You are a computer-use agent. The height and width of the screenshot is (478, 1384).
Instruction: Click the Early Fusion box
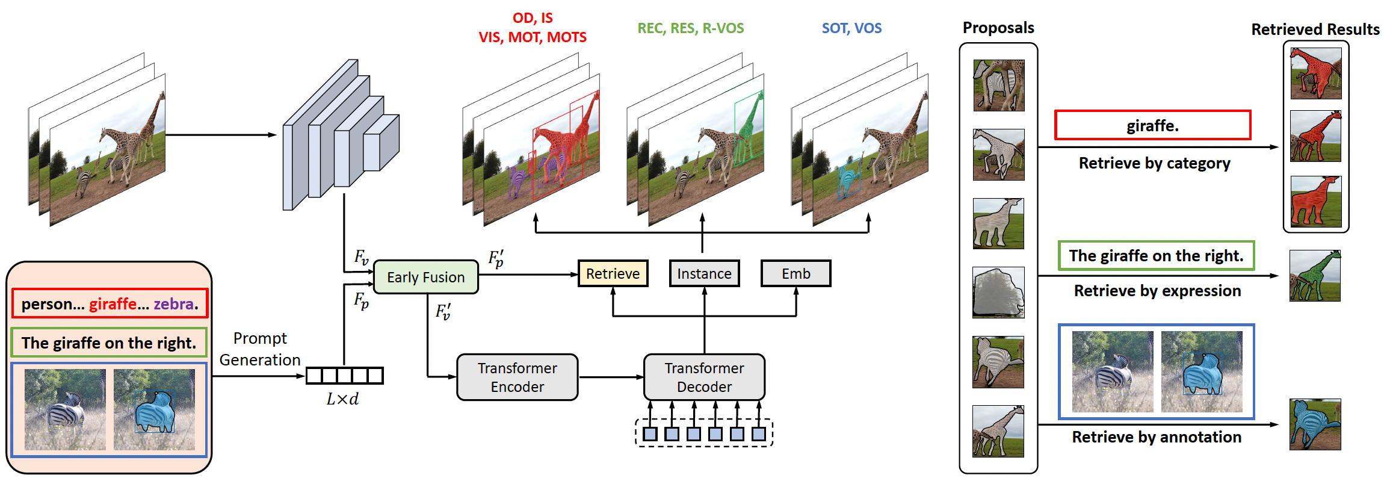[x=426, y=277]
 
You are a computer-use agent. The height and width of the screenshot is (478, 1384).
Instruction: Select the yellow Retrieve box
[x=613, y=274]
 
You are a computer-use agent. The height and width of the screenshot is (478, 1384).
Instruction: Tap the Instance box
[x=704, y=274]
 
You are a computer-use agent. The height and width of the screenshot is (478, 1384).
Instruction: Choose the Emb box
[x=796, y=274]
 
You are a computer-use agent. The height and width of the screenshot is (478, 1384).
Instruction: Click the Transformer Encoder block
[x=517, y=377]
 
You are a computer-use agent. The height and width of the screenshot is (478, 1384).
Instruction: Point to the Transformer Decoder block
[x=705, y=377]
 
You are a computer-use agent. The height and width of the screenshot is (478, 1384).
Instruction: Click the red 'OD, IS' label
[x=533, y=18]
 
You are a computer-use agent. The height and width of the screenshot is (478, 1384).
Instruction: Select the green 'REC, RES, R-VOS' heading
[x=691, y=28]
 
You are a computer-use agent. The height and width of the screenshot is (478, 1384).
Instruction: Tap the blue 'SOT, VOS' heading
[x=852, y=28]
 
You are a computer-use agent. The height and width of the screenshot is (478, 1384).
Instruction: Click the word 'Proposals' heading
[x=998, y=28]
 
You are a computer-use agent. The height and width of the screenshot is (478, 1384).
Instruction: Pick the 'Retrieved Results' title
[x=1315, y=29]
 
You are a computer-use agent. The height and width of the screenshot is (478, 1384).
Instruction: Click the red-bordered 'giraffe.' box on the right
[x=1153, y=125]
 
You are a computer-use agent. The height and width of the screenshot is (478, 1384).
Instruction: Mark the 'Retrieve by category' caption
[x=1154, y=163]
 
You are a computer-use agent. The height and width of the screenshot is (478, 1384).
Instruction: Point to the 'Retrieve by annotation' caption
[x=1157, y=437]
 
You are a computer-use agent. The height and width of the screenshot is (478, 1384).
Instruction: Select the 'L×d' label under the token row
[x=342, y=399]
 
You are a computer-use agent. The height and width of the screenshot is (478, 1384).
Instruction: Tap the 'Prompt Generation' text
[x=260, y=349]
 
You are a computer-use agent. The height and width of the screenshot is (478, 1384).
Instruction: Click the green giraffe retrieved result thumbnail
[x=1315, y=276]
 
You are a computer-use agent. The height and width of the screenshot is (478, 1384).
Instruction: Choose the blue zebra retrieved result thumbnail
[x=1315, y=424]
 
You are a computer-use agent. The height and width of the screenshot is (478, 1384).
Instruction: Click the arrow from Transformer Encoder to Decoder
[x=611, y=377]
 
